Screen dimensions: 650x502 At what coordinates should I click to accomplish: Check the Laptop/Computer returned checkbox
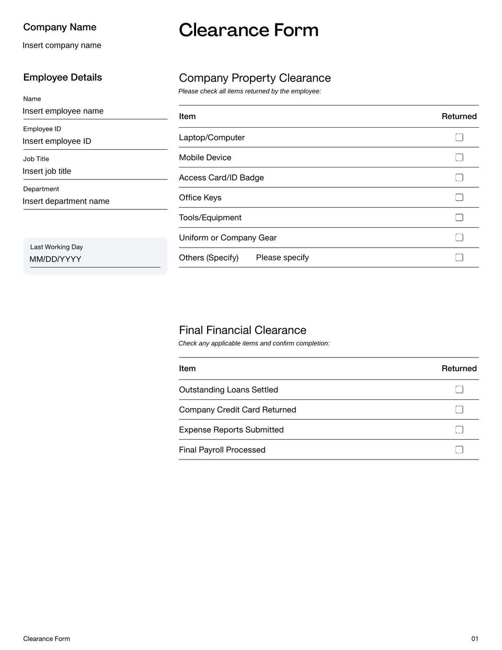point(459,137)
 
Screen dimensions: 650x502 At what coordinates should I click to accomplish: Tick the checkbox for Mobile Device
point(459,157)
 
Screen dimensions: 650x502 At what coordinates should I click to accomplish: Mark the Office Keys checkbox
point(459,197)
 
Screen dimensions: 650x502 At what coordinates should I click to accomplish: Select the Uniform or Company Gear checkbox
point(459,237)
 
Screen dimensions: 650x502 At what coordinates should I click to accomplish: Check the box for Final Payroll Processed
point(459,450)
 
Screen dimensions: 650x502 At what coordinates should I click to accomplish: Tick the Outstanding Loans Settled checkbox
point(459,389)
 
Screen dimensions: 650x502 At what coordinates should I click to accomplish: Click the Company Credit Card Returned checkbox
point(459,409)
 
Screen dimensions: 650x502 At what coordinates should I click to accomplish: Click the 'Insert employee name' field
point(63,111)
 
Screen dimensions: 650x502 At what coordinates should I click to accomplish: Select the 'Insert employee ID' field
point(57,141)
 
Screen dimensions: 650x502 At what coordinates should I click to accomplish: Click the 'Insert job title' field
point(47,171)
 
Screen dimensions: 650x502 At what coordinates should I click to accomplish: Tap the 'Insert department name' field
point(66,201)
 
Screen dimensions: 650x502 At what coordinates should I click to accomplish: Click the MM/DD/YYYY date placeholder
point(55,260)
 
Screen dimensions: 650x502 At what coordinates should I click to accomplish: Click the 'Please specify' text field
point(282,257)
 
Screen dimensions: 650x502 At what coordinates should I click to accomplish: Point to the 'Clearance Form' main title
point(248,30)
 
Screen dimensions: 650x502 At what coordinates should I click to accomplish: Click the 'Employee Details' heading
point(62,77)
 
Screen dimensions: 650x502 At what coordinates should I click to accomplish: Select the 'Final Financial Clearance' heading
point(243,330)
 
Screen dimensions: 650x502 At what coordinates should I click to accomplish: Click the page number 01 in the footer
point(475,638)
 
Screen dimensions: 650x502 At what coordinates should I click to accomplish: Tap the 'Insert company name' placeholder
point(62,46)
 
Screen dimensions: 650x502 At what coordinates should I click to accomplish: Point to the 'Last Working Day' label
point(56,247)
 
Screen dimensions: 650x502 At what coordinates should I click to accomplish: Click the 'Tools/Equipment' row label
point(210,218)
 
